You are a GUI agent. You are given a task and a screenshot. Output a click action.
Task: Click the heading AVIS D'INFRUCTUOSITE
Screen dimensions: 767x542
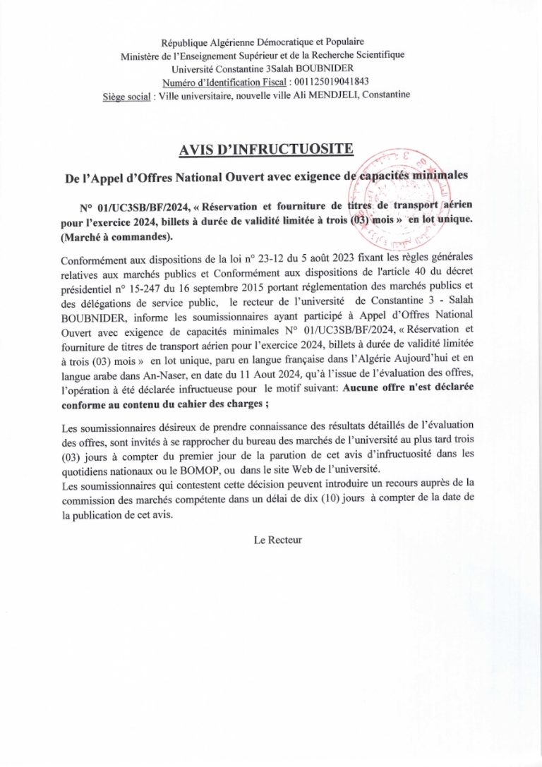270,149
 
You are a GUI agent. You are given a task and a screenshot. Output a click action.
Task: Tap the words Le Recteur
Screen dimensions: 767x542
277,540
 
